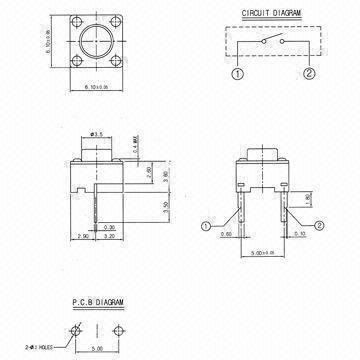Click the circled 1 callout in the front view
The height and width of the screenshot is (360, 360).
[x=204, y=225]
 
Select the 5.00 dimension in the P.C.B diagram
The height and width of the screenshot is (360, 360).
[x=95, y=350]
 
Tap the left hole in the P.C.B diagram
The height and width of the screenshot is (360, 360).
[x=75, y=331]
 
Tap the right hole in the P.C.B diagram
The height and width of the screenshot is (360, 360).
[x=116, y=331]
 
